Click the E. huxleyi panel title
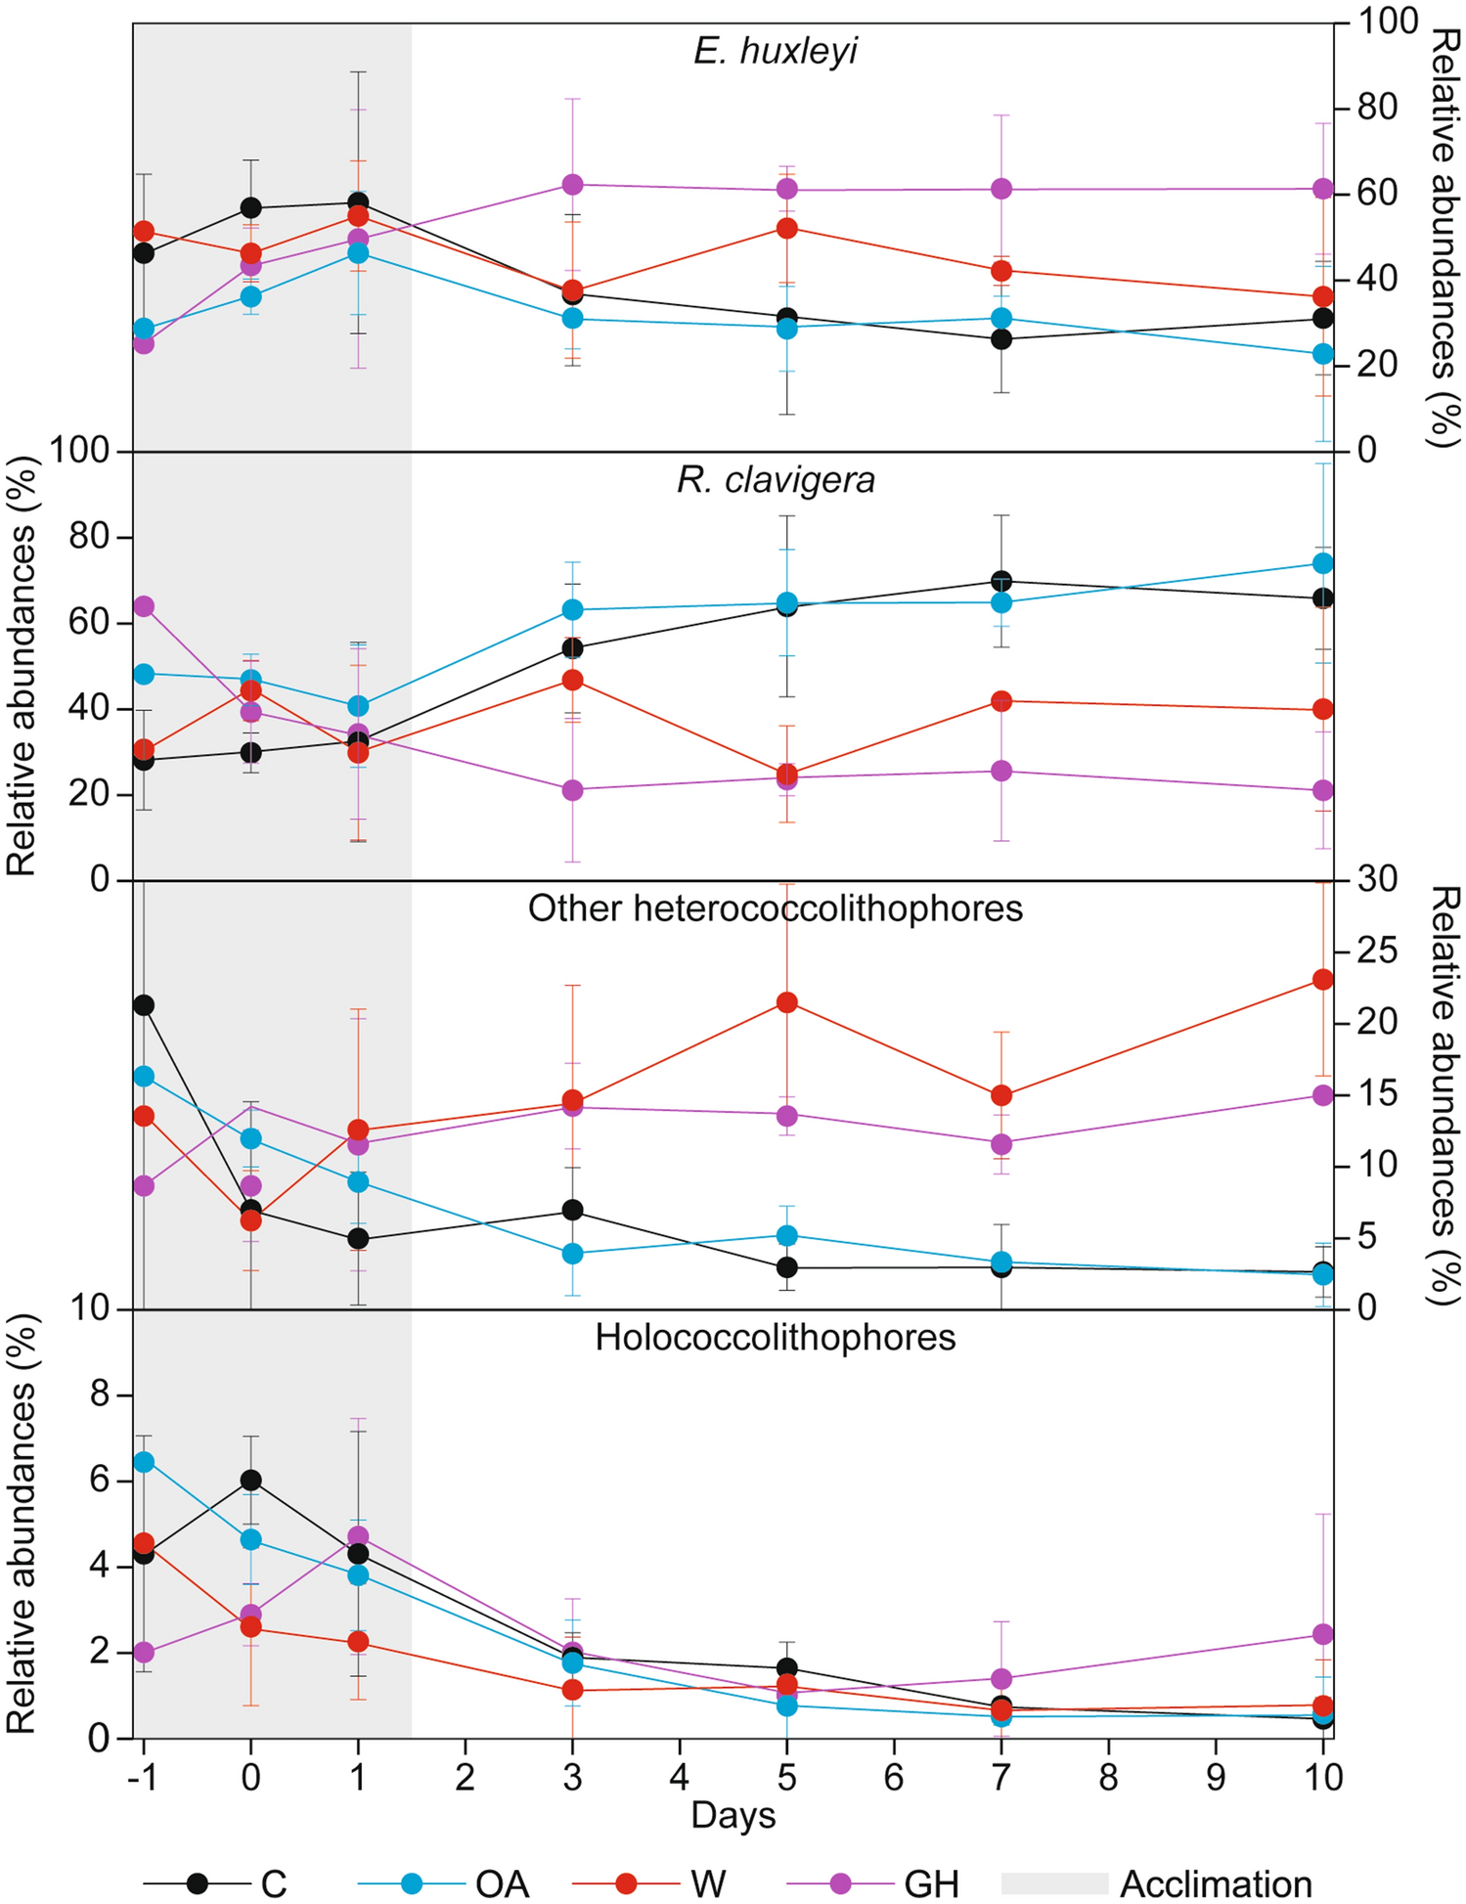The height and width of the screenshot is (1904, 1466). pos(776,51)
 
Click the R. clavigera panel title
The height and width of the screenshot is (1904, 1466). pos(776,480)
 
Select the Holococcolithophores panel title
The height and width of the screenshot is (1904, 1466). pos(776,1337)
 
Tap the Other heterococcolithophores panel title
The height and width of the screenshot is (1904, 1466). pos(776,908)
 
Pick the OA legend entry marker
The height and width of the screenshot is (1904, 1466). pos(412,1883)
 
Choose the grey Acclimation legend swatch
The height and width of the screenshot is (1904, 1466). pos(1054,1883)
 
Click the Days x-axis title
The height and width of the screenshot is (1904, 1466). pos(733,1815)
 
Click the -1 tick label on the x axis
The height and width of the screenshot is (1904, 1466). pos(143,1776)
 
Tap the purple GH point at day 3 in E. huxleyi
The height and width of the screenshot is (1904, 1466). pos(573,185)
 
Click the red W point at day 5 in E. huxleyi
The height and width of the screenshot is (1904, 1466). pos(787,228)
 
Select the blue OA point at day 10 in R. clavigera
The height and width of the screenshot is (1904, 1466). pos(1322,563)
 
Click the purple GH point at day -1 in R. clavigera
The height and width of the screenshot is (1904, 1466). pos(144,606)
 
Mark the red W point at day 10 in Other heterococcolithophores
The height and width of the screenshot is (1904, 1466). pos(1322,980)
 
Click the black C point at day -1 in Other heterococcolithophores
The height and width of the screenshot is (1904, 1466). pos(144,1005)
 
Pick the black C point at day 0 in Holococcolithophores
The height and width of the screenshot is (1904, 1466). pos(251,1480)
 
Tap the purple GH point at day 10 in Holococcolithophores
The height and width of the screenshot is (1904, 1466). pos(1322,1634)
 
